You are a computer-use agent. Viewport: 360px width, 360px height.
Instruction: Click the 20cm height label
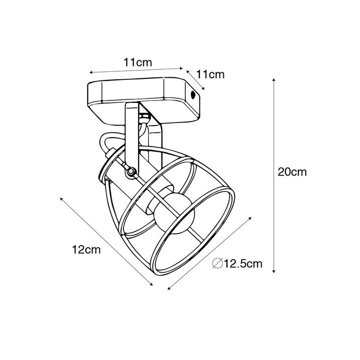[292, 172]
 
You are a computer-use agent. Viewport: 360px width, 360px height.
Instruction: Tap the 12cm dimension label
[86, 250]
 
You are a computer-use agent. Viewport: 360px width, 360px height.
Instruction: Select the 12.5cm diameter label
[243, 264]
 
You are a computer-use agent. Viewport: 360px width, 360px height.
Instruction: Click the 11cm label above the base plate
[138, 62]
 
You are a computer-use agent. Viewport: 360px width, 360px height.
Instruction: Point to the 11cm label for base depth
[210, 74]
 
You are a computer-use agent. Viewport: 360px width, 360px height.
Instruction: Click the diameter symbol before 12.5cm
[217, 263]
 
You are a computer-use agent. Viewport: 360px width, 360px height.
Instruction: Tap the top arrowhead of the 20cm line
[274, 80]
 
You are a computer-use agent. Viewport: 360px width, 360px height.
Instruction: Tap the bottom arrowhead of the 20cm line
[274, 271]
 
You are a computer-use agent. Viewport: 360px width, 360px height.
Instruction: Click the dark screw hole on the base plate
[193, 94]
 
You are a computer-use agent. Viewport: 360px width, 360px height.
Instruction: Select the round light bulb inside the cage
[174, 212]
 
